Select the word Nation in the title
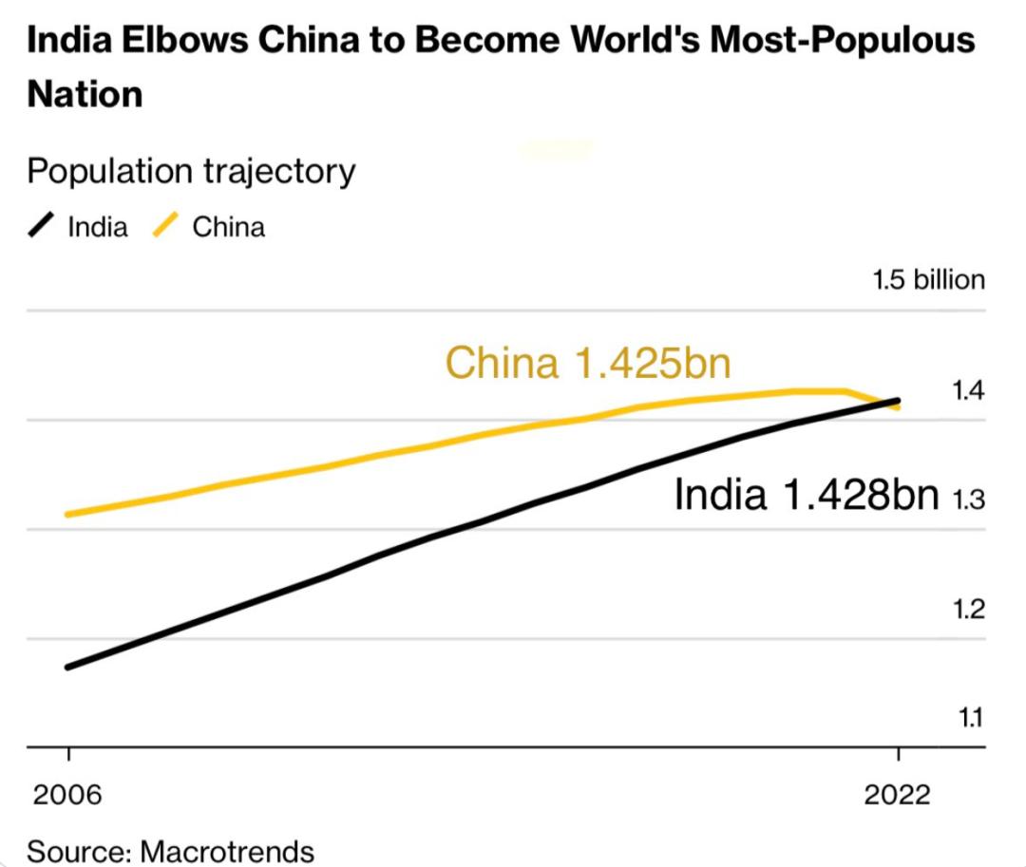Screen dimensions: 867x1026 pyautogui.click(x=85, y=94)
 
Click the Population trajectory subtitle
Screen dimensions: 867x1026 pyautogui.click(x=191, y=172)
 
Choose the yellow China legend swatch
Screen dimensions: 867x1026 pyautogui.click(x=168, y=228)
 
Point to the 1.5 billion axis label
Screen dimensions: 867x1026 pyautogui.click(x=928, y=280)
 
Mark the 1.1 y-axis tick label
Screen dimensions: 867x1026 pyautogui.click(x=968, y=719)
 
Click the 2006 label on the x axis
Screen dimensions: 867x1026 pyautogui.click(x=66, y=796)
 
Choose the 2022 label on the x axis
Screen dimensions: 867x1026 pyautogui.click(x=897, y=796)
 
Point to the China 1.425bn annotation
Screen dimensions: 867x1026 pyautogui.click(x=588, y=363)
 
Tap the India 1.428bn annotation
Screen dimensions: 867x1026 pyautogui.click(x=807, y=495)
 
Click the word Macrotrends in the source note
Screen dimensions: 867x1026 pyautogui.click(x=227, y=850)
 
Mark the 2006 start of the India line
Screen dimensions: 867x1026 pyautogui.click(x=67, y=667)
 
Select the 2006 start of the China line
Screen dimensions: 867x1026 pyautogui.click(x=67, y=515)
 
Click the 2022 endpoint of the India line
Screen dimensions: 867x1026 pyautogui.click(x=898, y=400)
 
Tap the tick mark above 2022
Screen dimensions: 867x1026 pyautogui.click(x=898, y=756)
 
